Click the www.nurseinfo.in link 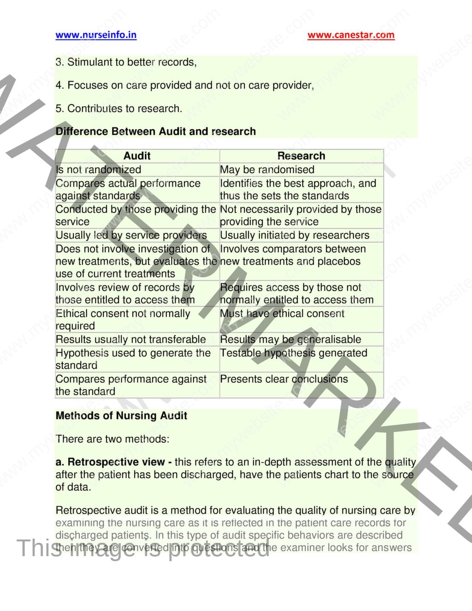(x=96, y=35)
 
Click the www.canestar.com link (x=351, y=35)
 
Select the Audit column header (x=137, y=156)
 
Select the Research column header (x=301, y=156)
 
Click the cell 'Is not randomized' (x=99, y=170)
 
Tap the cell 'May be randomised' (x=267, y=170)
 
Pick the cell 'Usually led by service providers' (x=131, y=235)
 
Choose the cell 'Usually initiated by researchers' (x=295, y=235)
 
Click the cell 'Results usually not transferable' (x=131, y=339)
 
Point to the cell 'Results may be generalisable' (x=290, y=339)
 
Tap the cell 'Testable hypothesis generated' (x=294, y=353)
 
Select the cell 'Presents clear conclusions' (x=284, y=379)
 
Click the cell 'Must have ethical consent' (x=282, y=314)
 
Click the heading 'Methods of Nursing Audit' (x=121, y=415)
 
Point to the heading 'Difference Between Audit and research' (x=156, y=131)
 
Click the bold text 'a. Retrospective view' (x=110, y=462)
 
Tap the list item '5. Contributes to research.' (x=119, y=108)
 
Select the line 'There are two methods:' (x=112, y=439)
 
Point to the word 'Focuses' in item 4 (x=86, y=85)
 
